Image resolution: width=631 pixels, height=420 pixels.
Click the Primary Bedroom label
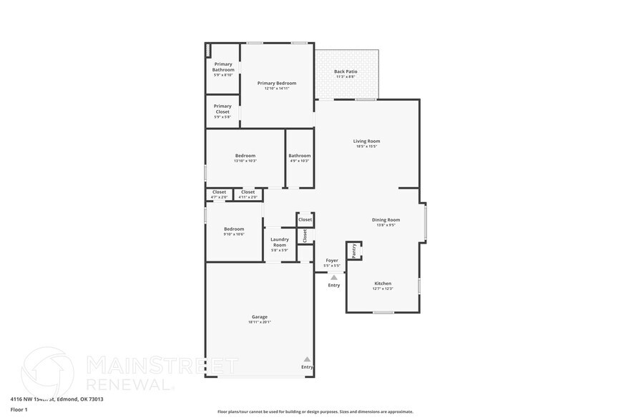277,84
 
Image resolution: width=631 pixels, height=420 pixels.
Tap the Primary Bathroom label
222,66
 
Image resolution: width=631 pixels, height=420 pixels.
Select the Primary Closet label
222,109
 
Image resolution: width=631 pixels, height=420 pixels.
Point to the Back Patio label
346,71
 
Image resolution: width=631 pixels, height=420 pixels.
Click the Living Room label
366,141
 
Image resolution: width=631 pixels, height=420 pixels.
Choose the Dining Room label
386,220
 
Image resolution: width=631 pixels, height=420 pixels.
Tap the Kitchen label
383,284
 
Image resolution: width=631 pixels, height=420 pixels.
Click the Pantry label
353,251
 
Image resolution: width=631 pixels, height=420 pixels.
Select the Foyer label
332,261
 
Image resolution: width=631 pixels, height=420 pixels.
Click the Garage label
259,317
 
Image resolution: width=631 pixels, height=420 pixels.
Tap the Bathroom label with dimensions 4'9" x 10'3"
299,156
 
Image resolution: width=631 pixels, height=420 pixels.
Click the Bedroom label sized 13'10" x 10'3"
245,156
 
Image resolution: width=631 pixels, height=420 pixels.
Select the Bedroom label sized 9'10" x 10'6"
233,229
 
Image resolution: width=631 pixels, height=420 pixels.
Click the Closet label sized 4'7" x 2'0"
219,192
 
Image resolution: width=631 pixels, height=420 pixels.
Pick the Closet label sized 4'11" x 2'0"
248,192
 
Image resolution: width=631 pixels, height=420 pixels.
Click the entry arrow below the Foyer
333,276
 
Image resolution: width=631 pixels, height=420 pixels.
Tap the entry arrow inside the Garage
307,359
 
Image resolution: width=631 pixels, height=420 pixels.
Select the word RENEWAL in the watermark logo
129,384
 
